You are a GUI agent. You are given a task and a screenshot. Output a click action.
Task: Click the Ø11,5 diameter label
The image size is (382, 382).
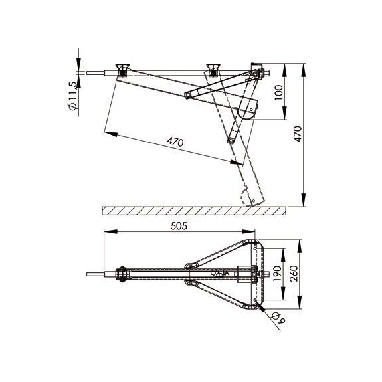pyautogui.click(x=73, y=96)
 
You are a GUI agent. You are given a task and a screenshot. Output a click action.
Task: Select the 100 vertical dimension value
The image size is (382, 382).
pyautogui.click(x=278, y=92)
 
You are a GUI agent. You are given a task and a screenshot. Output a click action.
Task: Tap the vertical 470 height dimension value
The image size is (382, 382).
pyautogui.click(x=298, y=134)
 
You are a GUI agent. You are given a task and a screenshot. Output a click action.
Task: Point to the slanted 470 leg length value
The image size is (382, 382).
pyautogui.click(x=175, y=142)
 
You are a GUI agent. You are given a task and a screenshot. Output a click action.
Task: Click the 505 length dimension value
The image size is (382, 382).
pyautogui.click(x=179, y=226)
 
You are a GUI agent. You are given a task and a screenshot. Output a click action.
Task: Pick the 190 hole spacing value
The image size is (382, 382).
pyautogui.click(x=277, y=273)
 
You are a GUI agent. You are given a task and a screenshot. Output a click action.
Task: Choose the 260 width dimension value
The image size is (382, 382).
pyautogui.click(x=294, y=273)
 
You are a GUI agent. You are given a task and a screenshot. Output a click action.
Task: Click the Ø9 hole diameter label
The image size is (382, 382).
pyautogui.click(x=278, y=318)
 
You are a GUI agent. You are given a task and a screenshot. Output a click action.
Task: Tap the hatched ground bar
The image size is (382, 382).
pyautogui.click(x=194, y=211)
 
